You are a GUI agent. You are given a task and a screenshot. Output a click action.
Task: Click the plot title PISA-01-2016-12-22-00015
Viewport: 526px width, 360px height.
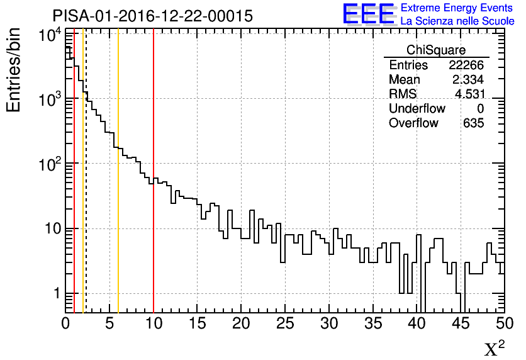click(152, 15)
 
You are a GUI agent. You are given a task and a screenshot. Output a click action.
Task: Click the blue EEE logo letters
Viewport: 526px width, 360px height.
click(369, 14)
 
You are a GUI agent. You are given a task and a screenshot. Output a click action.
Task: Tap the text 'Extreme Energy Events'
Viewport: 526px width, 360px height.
click(457, 8)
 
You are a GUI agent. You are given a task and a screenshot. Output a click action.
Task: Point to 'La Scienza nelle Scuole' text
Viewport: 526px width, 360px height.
click(457, 21)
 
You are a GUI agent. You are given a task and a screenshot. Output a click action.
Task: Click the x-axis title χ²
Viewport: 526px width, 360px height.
click(495, 349)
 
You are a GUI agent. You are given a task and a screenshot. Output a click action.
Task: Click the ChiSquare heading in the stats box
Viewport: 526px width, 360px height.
click(436, 50)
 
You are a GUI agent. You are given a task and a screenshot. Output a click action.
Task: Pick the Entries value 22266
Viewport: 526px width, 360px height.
click(466, 65)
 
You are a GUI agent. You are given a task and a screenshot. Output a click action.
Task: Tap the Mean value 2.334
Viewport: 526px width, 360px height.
click(468, 80)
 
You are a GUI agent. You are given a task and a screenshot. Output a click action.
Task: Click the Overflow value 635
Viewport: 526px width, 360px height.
click(473, 123)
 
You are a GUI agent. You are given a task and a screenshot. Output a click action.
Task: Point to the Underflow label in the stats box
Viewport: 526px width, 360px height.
click(417, 109)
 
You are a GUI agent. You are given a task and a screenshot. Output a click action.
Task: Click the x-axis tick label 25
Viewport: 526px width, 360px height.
click(285, 323)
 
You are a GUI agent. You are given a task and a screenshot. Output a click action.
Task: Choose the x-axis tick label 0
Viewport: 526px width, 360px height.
click(65, 323)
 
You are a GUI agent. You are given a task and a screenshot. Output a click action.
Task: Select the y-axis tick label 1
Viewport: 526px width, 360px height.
click(55, 293)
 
